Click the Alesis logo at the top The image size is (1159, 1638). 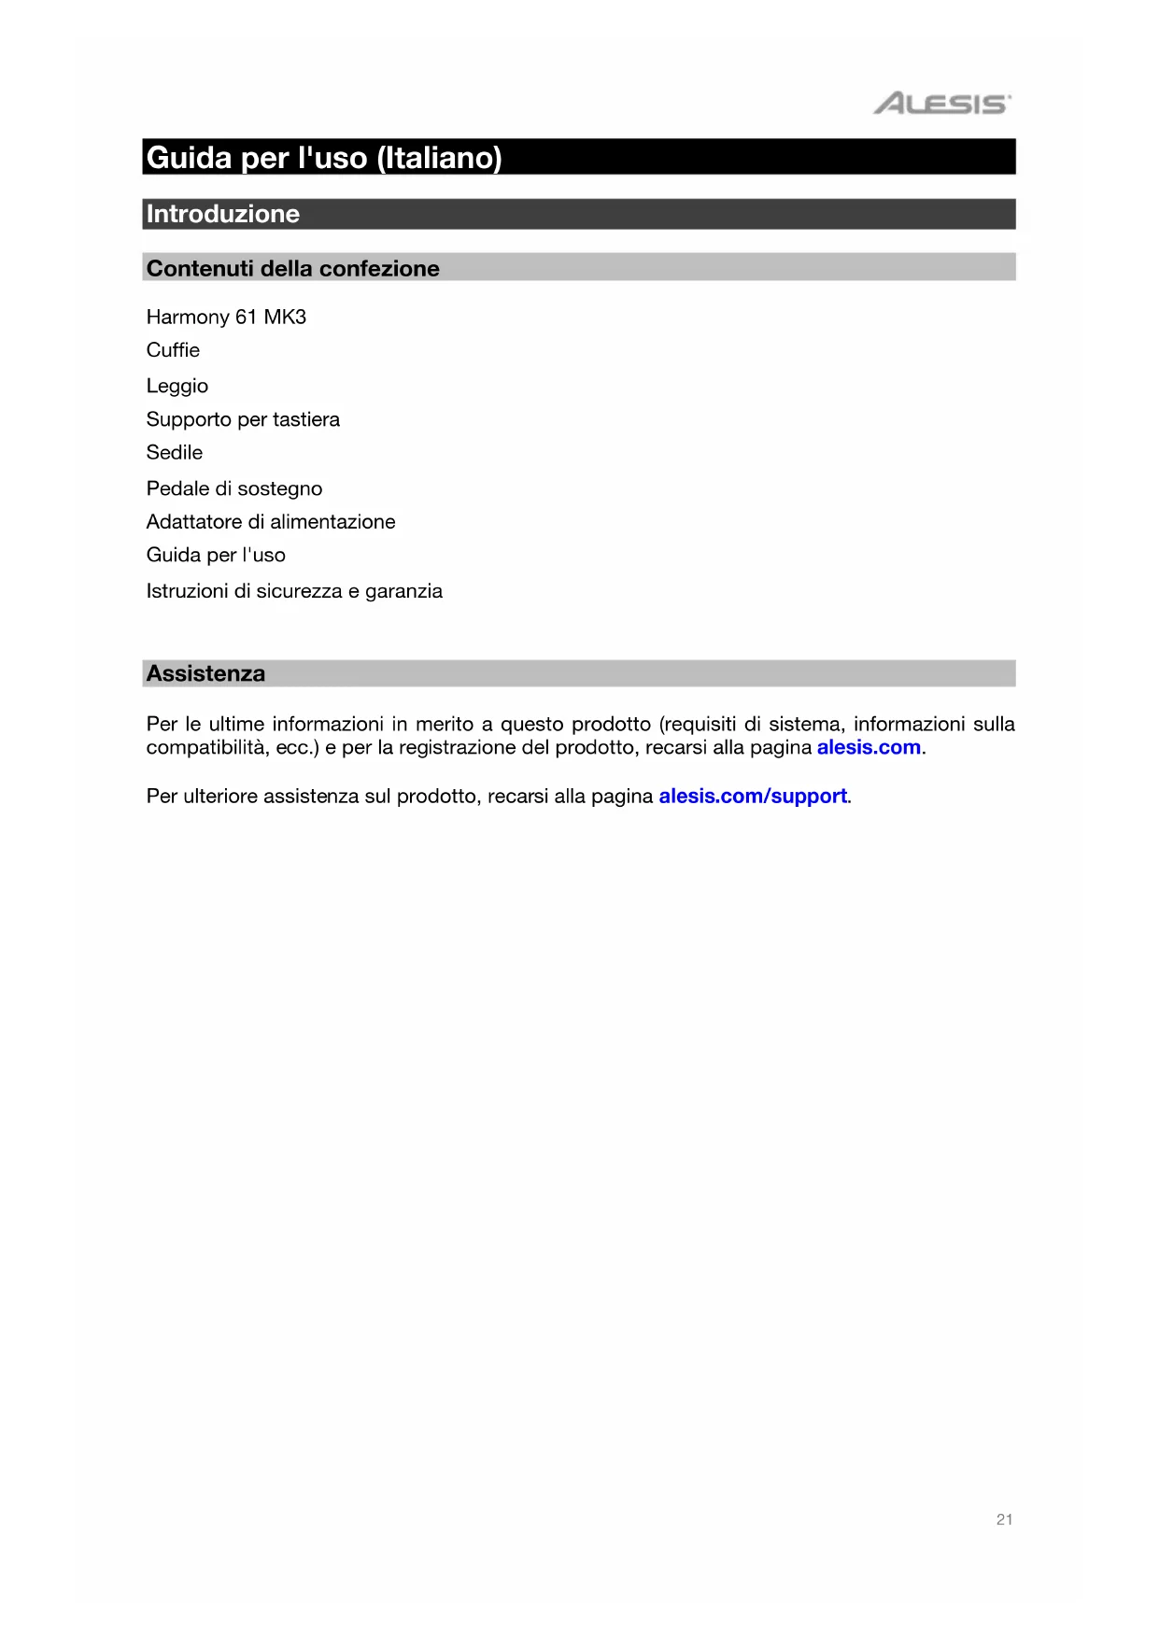941,103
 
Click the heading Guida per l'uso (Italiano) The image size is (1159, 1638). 324,157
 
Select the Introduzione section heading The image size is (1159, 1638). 223,214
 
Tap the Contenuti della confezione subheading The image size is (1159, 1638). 292,269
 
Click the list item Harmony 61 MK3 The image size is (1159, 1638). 226,317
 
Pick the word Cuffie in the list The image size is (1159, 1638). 173,350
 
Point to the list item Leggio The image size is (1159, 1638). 177,386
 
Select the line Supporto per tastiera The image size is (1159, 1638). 243,419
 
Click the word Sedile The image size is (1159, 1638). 174,452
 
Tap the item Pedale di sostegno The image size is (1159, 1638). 233,488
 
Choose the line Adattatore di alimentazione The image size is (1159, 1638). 271,521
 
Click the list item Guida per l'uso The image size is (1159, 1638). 216,555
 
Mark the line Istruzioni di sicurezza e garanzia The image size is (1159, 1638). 294,591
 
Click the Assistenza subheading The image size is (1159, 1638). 205,673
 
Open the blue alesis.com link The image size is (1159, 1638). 869,747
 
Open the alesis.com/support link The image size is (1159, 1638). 753,796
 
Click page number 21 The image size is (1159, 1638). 1004,1519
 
